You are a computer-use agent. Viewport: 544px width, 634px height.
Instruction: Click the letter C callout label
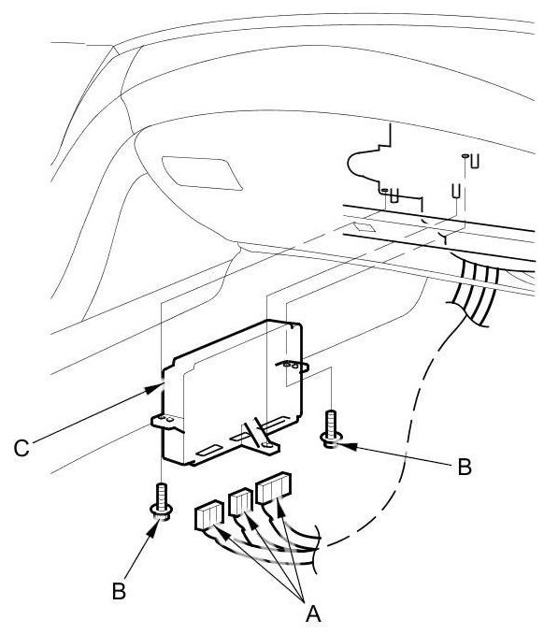click(x=21, y=448)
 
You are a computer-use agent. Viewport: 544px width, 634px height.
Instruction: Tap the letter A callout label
click(x=313, y=613)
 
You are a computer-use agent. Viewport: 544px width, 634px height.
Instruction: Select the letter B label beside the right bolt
click(x=465, y=467)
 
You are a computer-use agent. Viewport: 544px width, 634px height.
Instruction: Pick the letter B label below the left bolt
click(x=119, y=591)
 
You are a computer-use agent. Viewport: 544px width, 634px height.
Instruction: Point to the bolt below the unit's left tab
click(x=162, y=501)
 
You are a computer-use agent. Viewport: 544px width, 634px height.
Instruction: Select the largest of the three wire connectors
click(x=274, y=488)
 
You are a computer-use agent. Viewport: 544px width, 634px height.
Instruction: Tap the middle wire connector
click(x=241, y=502)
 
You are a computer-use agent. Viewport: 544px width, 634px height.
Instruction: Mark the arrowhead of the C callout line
click(x=154, y=389)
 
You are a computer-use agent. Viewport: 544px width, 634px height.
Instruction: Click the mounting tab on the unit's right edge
click(x=293, y=366)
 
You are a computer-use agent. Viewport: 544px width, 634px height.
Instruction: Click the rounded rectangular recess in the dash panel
click(x=202, y=173)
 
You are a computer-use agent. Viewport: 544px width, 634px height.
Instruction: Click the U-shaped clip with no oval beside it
click(x=457, y=192)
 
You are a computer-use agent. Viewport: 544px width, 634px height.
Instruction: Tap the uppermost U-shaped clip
click(x=475, y=161)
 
